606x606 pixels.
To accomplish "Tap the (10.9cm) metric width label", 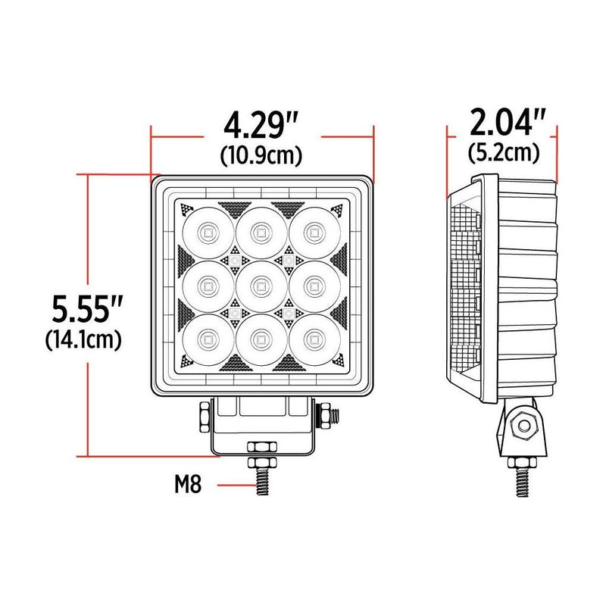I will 262,155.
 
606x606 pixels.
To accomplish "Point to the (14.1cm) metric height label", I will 83,339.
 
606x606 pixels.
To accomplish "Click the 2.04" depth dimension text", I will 504,122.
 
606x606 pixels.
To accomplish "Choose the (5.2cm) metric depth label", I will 504,152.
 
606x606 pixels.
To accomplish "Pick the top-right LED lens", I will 311,230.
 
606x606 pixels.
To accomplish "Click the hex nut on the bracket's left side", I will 205,416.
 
